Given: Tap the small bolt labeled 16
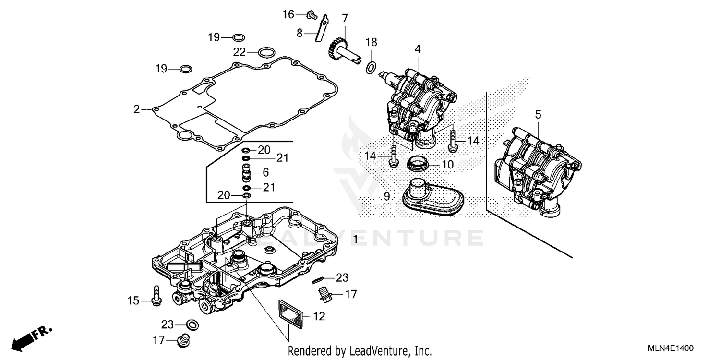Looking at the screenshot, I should pos(311,15).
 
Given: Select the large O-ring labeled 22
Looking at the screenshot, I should pos(267,52).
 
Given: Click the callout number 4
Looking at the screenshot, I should pos(418,48).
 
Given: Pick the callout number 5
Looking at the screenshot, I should pos(538,114).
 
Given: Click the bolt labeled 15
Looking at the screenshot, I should pos(156,295).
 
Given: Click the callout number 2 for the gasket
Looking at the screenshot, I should pos(137,110).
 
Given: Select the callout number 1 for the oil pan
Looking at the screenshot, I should pos(355,239).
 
